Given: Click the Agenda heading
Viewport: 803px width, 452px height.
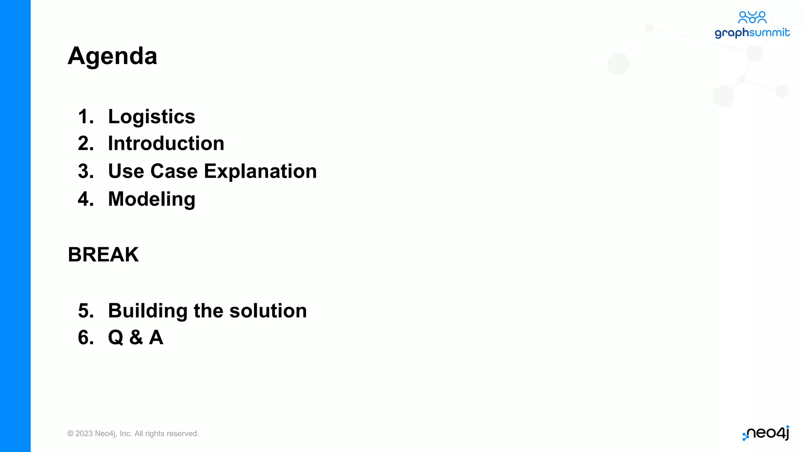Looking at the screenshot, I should coord(113,56).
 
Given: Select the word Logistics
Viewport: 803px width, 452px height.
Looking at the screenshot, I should coord(151,117).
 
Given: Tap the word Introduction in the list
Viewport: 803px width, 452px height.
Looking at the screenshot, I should coord(166,144).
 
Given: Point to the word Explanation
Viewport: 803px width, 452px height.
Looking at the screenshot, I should coord(260,171).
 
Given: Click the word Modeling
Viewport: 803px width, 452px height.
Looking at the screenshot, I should coord(151,199).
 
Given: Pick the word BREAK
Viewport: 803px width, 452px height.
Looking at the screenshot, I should coord(103,255).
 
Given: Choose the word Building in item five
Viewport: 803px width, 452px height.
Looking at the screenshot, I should coord(147,311).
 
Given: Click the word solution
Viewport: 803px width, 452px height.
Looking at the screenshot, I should coord(268,311).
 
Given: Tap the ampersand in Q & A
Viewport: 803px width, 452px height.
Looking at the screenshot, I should coord(136,337).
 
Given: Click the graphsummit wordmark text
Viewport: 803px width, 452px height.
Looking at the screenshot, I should coord(752,33).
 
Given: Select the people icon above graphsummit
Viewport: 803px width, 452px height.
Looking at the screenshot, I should coord(752,17).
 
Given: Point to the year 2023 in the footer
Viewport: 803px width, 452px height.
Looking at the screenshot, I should coord(84,434).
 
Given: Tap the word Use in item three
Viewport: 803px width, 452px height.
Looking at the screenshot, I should coord(126,171).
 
